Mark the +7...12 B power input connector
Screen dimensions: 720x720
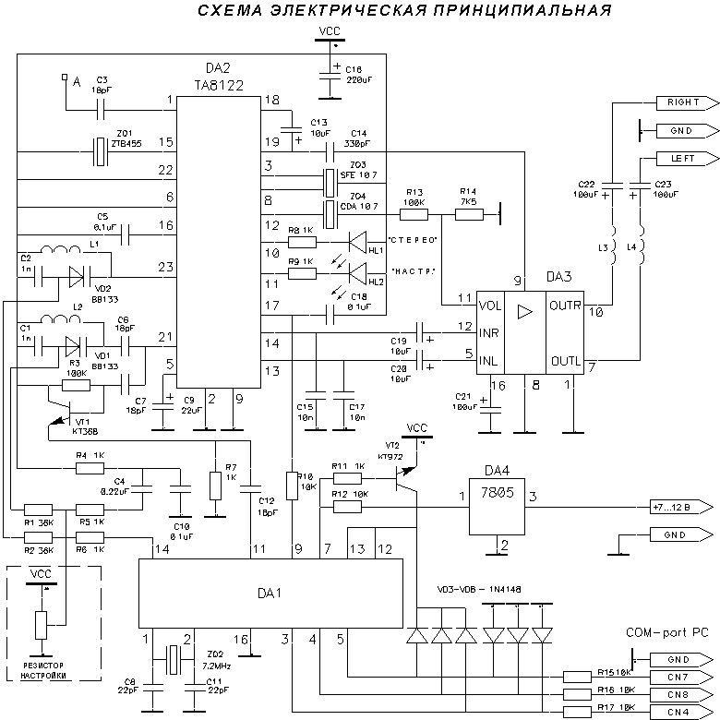[x=681, y=507]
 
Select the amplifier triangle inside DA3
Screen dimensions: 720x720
[x=525, y=311]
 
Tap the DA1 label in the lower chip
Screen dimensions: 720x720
[x=270, y=593]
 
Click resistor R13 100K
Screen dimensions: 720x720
[x=413, y=215]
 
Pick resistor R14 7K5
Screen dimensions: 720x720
[x=468, y=215]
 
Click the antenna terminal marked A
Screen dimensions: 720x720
[x=64, y=78]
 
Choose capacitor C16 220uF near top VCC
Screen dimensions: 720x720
[x=329, y=75]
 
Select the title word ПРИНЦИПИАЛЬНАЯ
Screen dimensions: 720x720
[x=522, y=11]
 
